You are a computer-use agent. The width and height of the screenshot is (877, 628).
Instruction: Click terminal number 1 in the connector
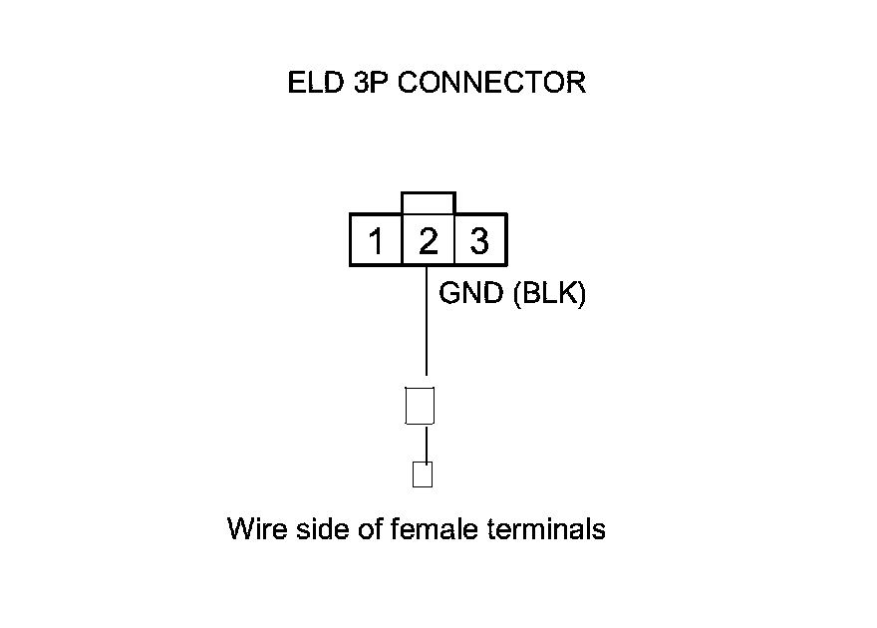pos(376,241)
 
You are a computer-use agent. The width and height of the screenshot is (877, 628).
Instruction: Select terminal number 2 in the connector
pos(428,241)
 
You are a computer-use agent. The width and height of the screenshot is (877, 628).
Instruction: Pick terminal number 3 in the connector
pos(479,241)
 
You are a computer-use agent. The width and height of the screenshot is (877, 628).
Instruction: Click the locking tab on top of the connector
pos(428,203)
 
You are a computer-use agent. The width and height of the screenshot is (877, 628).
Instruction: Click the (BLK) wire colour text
pos(547,295)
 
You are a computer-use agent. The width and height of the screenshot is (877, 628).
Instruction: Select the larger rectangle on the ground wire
pos(420,405)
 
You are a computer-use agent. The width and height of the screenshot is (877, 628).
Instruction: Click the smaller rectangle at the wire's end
pos(422,474)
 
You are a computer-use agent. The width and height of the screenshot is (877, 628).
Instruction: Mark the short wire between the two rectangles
pos(427,444)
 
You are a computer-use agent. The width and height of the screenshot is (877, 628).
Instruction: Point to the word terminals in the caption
pos(547,528)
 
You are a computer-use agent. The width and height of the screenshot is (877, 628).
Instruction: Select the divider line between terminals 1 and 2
pos(402,241)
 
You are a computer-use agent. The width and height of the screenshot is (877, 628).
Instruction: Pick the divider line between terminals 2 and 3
pos(453,241)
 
